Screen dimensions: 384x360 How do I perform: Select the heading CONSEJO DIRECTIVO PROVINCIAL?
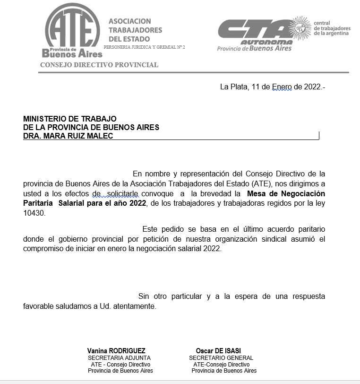[x=99, y=65]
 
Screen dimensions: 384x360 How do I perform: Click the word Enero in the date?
[x=282, y=87]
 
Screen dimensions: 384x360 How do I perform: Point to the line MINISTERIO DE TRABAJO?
[x=69, y=119]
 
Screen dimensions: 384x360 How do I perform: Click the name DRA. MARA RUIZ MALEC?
[x=68, y=136]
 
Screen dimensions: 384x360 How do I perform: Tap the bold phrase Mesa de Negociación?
[x=286, y=193]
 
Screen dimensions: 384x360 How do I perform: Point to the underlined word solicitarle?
[x=122, y=193]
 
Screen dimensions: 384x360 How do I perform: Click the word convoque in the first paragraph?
[x=160, y=193]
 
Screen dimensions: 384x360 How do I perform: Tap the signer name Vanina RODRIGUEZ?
[x=116, y=351]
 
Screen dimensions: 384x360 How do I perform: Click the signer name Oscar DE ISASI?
[x=218, y=351]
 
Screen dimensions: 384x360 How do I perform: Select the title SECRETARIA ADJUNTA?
[x=119, y=358]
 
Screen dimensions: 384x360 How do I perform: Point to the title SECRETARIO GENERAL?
[x=221, y=358]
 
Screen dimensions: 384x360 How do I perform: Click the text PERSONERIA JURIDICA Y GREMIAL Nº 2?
[x=145, y=47]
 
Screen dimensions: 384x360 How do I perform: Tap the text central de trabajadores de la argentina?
[x=332, y=28]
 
